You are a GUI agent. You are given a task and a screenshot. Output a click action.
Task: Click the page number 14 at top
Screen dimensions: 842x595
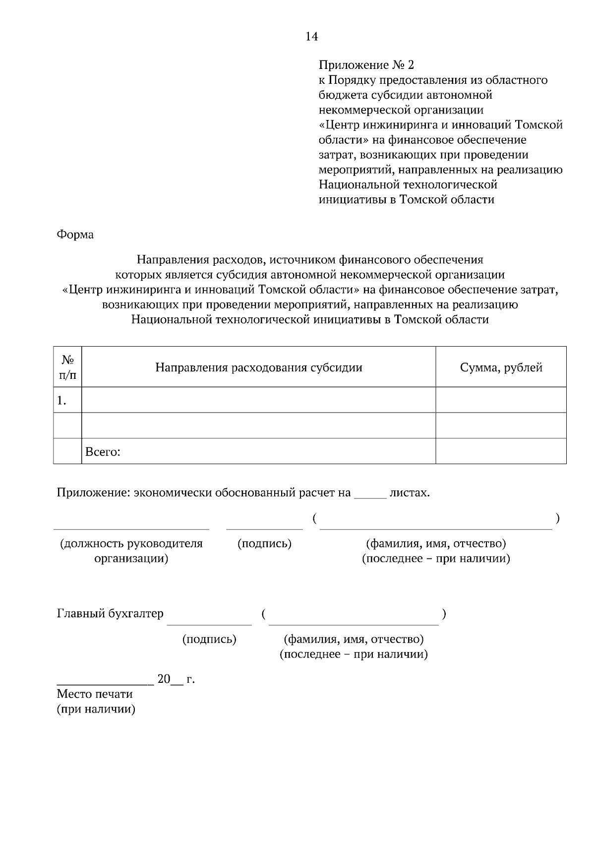pos(311,37)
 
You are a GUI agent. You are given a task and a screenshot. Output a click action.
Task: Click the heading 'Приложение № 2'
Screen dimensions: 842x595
pos(366,65)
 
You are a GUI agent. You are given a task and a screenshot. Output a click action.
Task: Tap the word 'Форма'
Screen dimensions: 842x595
pos(75,235)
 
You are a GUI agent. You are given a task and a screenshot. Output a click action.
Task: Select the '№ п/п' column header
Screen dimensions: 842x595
pos(67,366)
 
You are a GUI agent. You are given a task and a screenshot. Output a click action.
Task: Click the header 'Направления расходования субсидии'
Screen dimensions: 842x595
pos(258,367)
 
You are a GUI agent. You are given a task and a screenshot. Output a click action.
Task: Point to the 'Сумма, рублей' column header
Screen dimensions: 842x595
pos(501,367)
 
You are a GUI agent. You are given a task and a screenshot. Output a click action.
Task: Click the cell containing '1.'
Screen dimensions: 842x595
pos(67,400)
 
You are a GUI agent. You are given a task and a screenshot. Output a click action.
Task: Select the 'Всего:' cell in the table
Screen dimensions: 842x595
pos(258,451)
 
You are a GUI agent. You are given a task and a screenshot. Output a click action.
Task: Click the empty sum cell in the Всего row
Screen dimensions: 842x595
pos(501,451)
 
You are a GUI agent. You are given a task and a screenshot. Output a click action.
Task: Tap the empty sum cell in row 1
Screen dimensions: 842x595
pos(501,400)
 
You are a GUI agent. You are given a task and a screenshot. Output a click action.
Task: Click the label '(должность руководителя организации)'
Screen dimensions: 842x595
pos(131,550)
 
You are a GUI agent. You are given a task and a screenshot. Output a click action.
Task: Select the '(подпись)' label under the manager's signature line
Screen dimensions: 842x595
pos(264,543)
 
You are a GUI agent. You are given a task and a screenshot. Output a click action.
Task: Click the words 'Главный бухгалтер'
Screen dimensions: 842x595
pos(110,613)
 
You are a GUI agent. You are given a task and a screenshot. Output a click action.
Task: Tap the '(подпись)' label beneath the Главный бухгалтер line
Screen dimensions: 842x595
pos(209,639)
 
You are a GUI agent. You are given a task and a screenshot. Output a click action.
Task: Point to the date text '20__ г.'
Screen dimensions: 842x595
pos(176,679)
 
